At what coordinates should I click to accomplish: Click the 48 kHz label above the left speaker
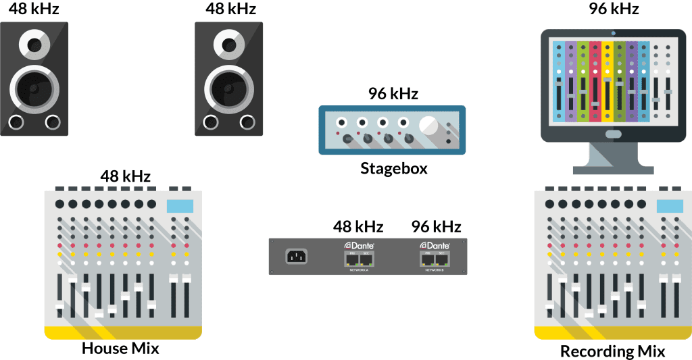pyautogui.click(x=33, y=9)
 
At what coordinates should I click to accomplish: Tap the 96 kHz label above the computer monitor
pyautogui.click(x=614, y=9)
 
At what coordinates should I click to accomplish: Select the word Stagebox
pyautogui.click(x=393, y=168)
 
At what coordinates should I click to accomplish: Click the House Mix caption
pyautogui.click(x=120, y=349)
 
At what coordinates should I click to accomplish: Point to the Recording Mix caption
pyautogui.click(x=613, y=351)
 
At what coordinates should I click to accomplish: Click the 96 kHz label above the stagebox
pyautogui.click(x=393, y=93)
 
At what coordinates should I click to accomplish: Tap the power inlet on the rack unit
pyautogui.click(x=295, y=257)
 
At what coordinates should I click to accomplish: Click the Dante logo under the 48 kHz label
pyautogui.click(x=359, y=245)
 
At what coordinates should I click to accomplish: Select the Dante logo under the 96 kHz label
pyautogui.click(x=435, y=245)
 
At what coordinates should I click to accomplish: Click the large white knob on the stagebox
pyautogui.click(x=428, y=126)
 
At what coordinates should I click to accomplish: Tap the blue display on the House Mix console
pyautogui.click(x=180, y=205)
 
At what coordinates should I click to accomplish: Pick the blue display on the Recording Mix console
pyautogui.click(x=670, y=205)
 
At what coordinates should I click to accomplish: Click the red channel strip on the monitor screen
pyautogui.click(x=595, y=81)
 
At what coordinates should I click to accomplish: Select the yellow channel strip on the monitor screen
pyautogui.click(x=607, y=81)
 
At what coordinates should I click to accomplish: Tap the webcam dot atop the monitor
pyautogui.click(x=613, y=32)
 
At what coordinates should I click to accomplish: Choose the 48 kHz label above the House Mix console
pyautogui.click(x=126, y=176)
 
